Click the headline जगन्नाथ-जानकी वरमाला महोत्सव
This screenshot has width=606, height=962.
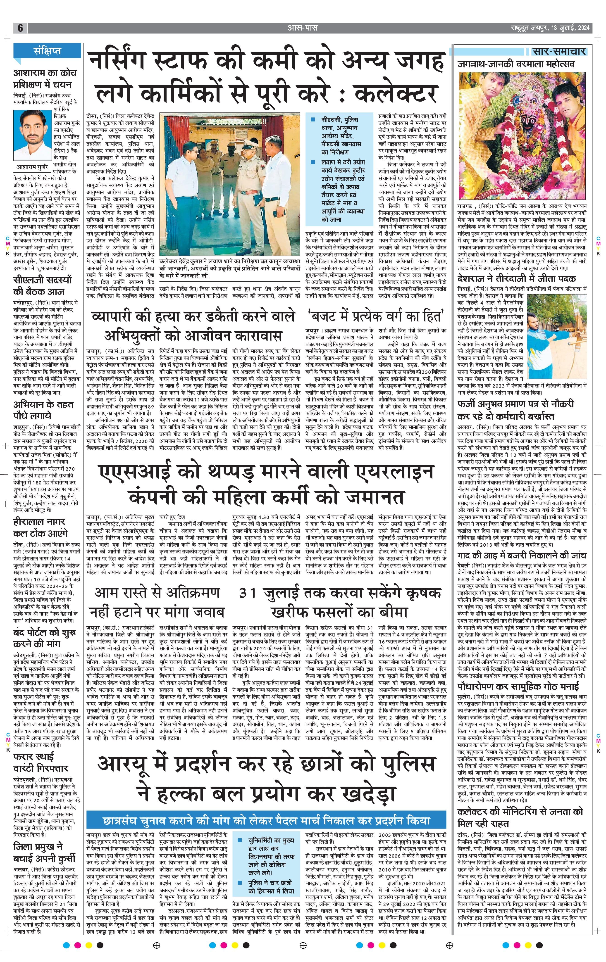(516, 64)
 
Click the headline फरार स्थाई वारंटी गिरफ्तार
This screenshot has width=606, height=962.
(40, 762)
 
